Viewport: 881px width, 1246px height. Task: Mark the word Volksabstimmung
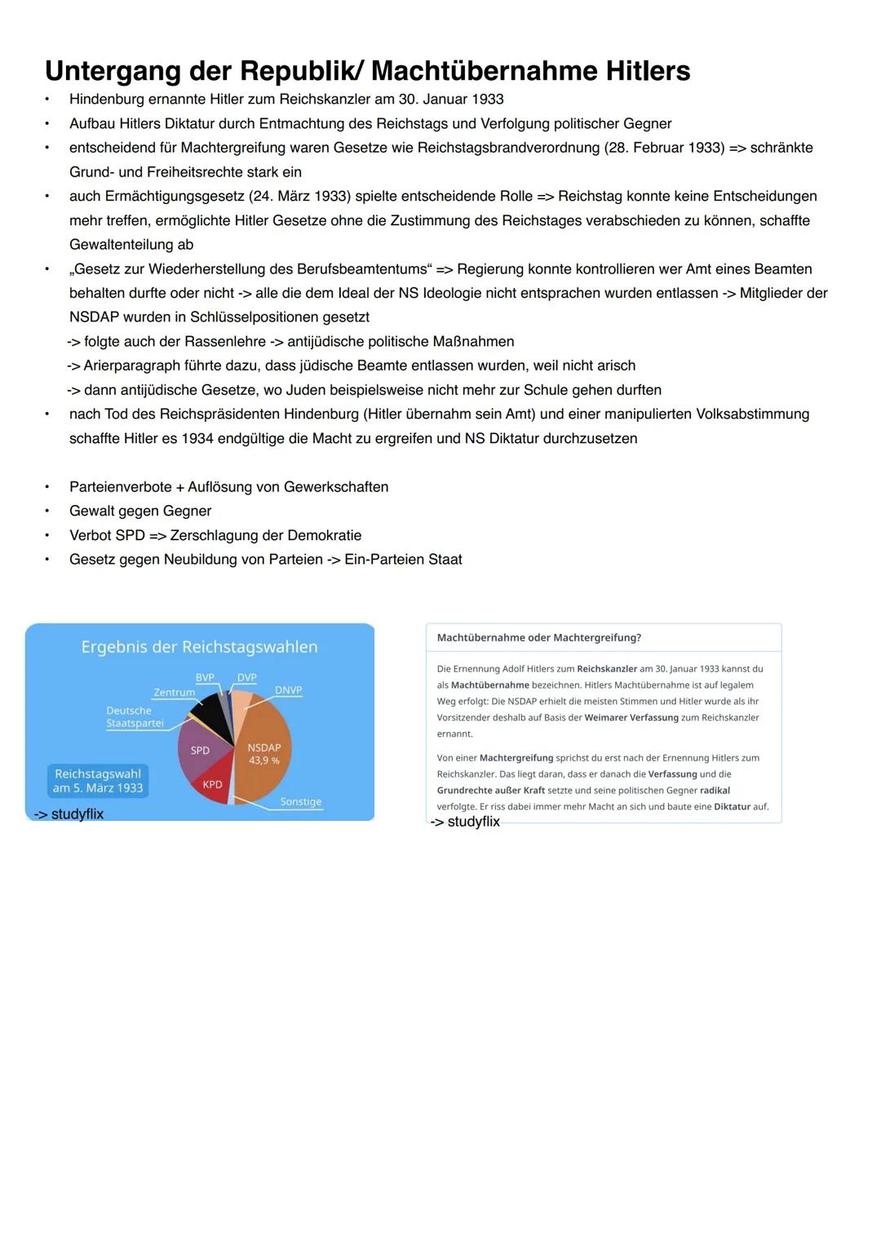(x=752, y=414)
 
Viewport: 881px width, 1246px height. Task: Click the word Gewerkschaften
(x=335, y=487)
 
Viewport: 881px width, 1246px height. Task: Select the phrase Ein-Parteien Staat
(x=403, y=560)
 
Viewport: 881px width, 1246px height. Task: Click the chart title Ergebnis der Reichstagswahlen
(x=199, y=647)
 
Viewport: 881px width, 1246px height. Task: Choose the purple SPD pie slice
(x=200, y=751)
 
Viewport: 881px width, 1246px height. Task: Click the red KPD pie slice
(x=212, y=784)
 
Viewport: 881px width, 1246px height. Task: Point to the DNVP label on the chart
(x=288, y=690)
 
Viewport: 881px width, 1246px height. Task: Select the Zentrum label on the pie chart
(x=175, y=692)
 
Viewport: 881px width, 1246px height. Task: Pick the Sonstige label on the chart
(x=300, y=801)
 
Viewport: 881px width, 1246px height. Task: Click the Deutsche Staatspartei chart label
(x=134, y=716)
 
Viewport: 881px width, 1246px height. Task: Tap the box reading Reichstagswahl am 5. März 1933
(x=98, y=781)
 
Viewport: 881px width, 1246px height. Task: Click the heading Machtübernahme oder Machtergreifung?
(x=538, y=637)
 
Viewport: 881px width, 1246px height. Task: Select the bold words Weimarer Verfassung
(x=631, y=717)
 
